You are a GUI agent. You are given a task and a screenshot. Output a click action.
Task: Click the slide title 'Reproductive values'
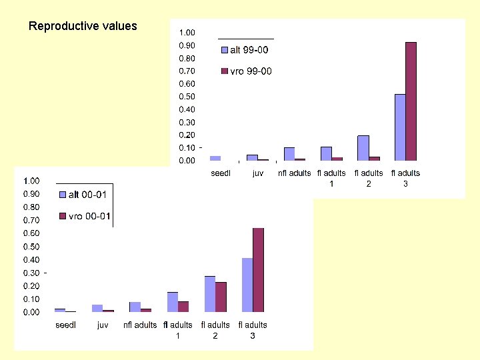[x=83, y=27]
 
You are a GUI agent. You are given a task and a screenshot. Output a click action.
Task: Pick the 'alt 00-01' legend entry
[x=83, y=195]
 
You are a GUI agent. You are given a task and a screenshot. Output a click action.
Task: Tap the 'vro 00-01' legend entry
[x=83, y=216]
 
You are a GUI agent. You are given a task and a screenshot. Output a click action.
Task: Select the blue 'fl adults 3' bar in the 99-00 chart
[x=400, y=127]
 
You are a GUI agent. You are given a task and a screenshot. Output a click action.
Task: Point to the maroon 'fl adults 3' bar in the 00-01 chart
[x=258, y=270]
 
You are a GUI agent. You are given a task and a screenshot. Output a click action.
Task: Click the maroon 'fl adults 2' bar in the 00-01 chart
[x=221, y=297]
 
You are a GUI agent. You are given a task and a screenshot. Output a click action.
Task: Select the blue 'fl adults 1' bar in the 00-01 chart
[x=173, y=302]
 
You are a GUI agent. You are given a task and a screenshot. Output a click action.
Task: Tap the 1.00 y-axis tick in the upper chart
[x=187, y=33]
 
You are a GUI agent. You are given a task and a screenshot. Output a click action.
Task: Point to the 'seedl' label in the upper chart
[x=220, y=173]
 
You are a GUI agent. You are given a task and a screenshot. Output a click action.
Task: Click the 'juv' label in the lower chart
[x=103, y=325]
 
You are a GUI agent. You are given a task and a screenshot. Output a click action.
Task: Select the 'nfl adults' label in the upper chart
[x=294, y=173]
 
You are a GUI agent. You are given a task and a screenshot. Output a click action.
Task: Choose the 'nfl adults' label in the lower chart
[x=140, y=325]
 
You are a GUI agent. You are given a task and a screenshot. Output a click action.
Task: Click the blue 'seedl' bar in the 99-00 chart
[x=215, y=158]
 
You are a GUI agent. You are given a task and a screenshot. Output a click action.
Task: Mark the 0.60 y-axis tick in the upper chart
[x=187, y=84]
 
